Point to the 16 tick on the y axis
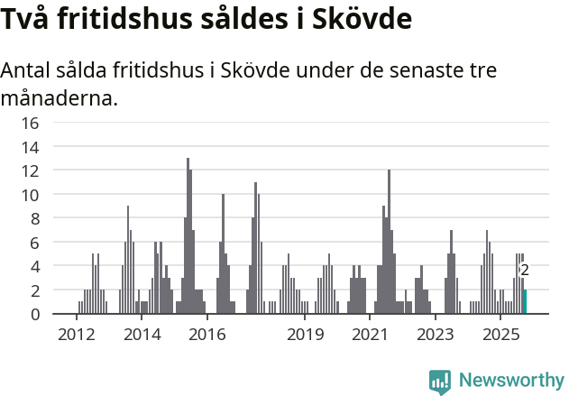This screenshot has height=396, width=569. tap(31, 123)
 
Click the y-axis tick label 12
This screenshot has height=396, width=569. tap(31, 170)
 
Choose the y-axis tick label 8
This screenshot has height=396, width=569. tap(34, 218)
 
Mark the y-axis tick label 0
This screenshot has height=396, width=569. tap(34, 314)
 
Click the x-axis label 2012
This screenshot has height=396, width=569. tap(77, 334)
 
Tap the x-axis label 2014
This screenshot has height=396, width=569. tap(142, 334)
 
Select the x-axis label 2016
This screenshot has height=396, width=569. tap(207, 334)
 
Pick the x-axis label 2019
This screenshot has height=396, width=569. tap(305, 334)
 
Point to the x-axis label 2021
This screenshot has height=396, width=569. tap(370, 334)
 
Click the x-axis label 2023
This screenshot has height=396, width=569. tap(435, 334)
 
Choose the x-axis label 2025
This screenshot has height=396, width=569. tap(500, 334)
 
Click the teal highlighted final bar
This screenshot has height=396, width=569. tap(525, 302)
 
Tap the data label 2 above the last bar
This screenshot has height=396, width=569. tap(525, 270)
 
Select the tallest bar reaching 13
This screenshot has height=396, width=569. tap(188, 236)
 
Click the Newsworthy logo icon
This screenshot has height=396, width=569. tap(440, 381)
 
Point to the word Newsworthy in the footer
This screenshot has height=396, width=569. tap(511, 381)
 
